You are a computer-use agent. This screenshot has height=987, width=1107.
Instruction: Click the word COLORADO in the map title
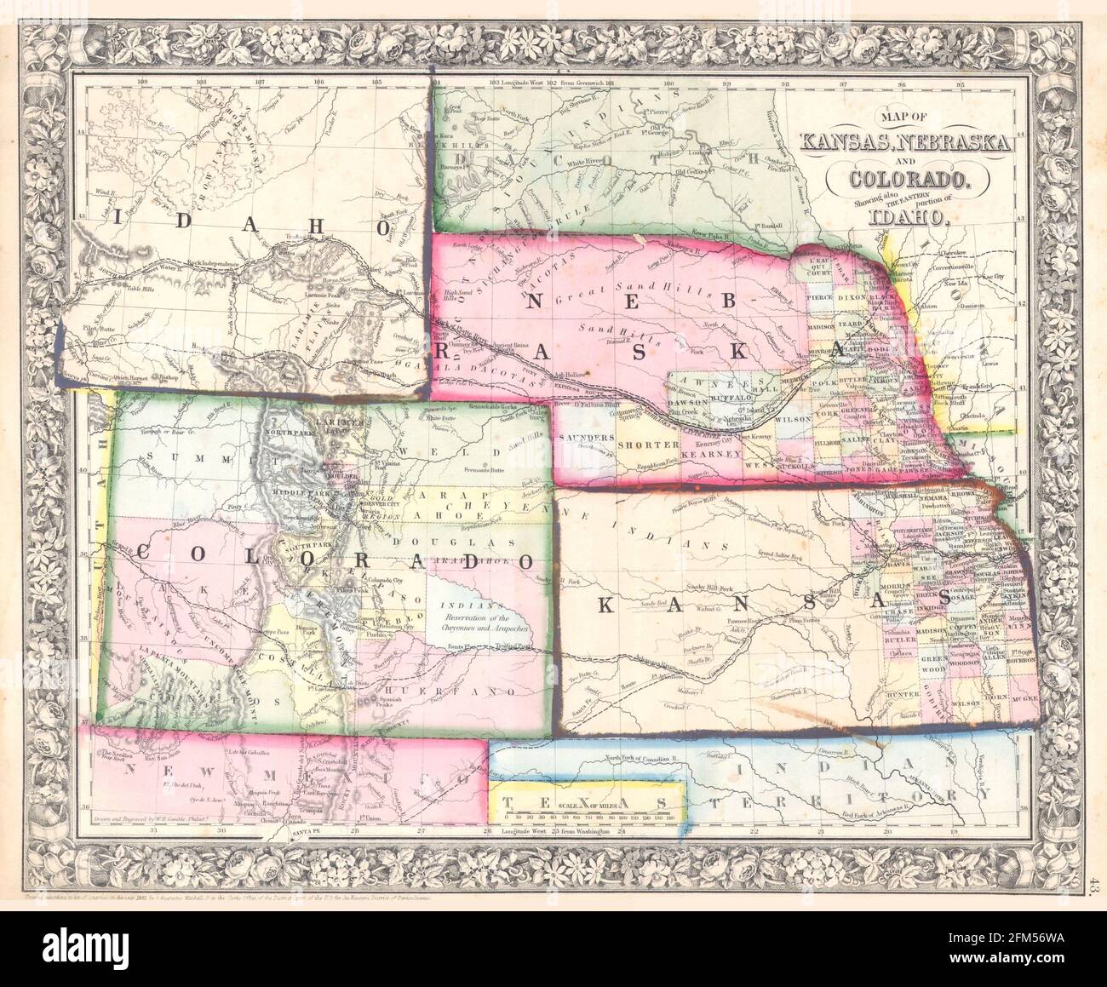click(911, 180)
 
